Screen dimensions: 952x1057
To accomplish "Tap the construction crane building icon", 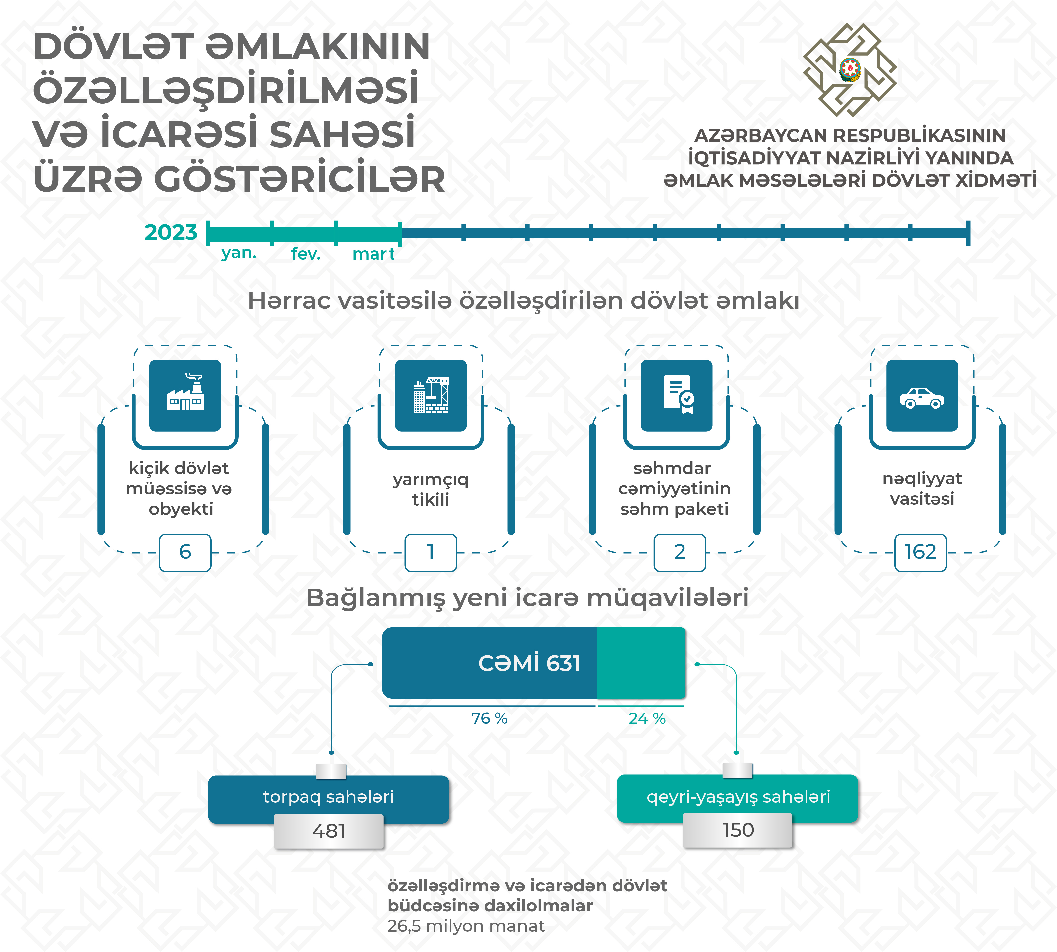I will click(431, 395).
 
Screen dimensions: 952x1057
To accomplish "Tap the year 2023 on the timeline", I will click(171, 232).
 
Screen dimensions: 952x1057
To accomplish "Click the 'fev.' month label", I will click(306, 254).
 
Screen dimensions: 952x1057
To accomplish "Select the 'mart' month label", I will click(373, 254).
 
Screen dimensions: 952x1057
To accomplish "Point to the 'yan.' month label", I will click(239, 253).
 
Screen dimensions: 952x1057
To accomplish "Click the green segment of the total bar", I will click(641, 663).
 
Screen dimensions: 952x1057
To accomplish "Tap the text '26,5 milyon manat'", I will click(466, 926).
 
